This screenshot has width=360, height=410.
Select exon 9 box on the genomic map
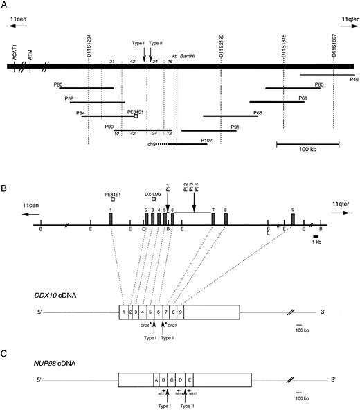(293, 220)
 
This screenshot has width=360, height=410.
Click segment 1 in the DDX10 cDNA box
(123, 312)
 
